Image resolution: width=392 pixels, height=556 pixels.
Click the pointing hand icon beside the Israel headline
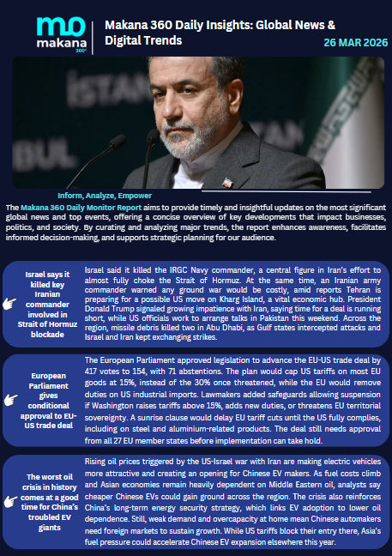coord(10,304)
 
